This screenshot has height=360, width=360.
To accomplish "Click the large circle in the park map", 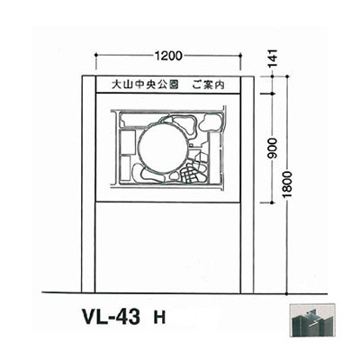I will (x=164, y=145).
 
